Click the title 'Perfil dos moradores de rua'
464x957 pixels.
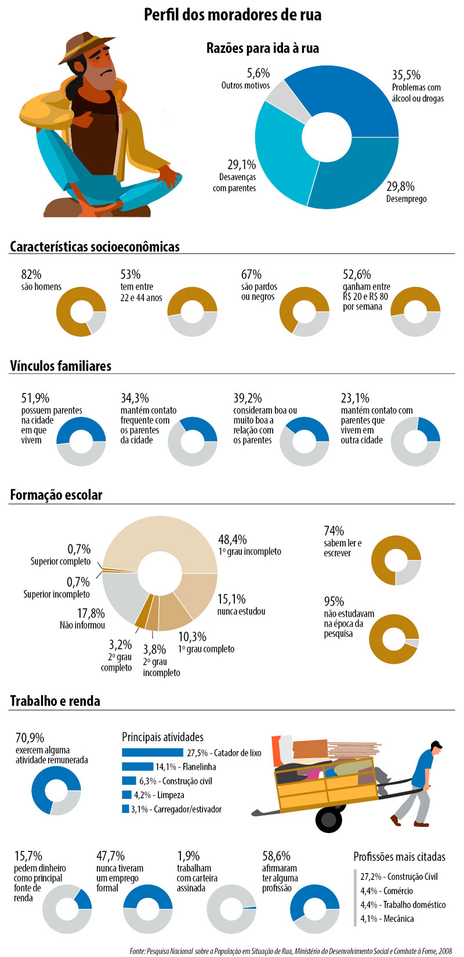point(232,14)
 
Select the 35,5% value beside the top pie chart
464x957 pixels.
point(406,75)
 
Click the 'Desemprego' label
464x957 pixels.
point(406,199)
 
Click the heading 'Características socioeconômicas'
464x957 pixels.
point(95,247)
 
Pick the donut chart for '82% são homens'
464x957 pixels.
point(81,312)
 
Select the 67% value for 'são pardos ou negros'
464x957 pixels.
point(252,274)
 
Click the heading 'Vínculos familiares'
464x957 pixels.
point(60,366)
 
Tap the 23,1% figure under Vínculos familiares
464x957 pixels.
point(355,398)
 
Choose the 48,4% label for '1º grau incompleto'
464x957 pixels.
point(233,539)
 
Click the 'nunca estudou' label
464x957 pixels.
point(241,612)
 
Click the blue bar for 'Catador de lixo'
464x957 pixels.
point(153,752)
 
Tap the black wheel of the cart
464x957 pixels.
point(329,820)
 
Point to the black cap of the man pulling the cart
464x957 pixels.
point(436,745)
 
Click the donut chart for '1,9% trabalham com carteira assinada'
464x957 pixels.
point(231,909)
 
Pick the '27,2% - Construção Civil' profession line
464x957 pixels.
point(398,877)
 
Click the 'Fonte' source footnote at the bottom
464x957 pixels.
point(291,951)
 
